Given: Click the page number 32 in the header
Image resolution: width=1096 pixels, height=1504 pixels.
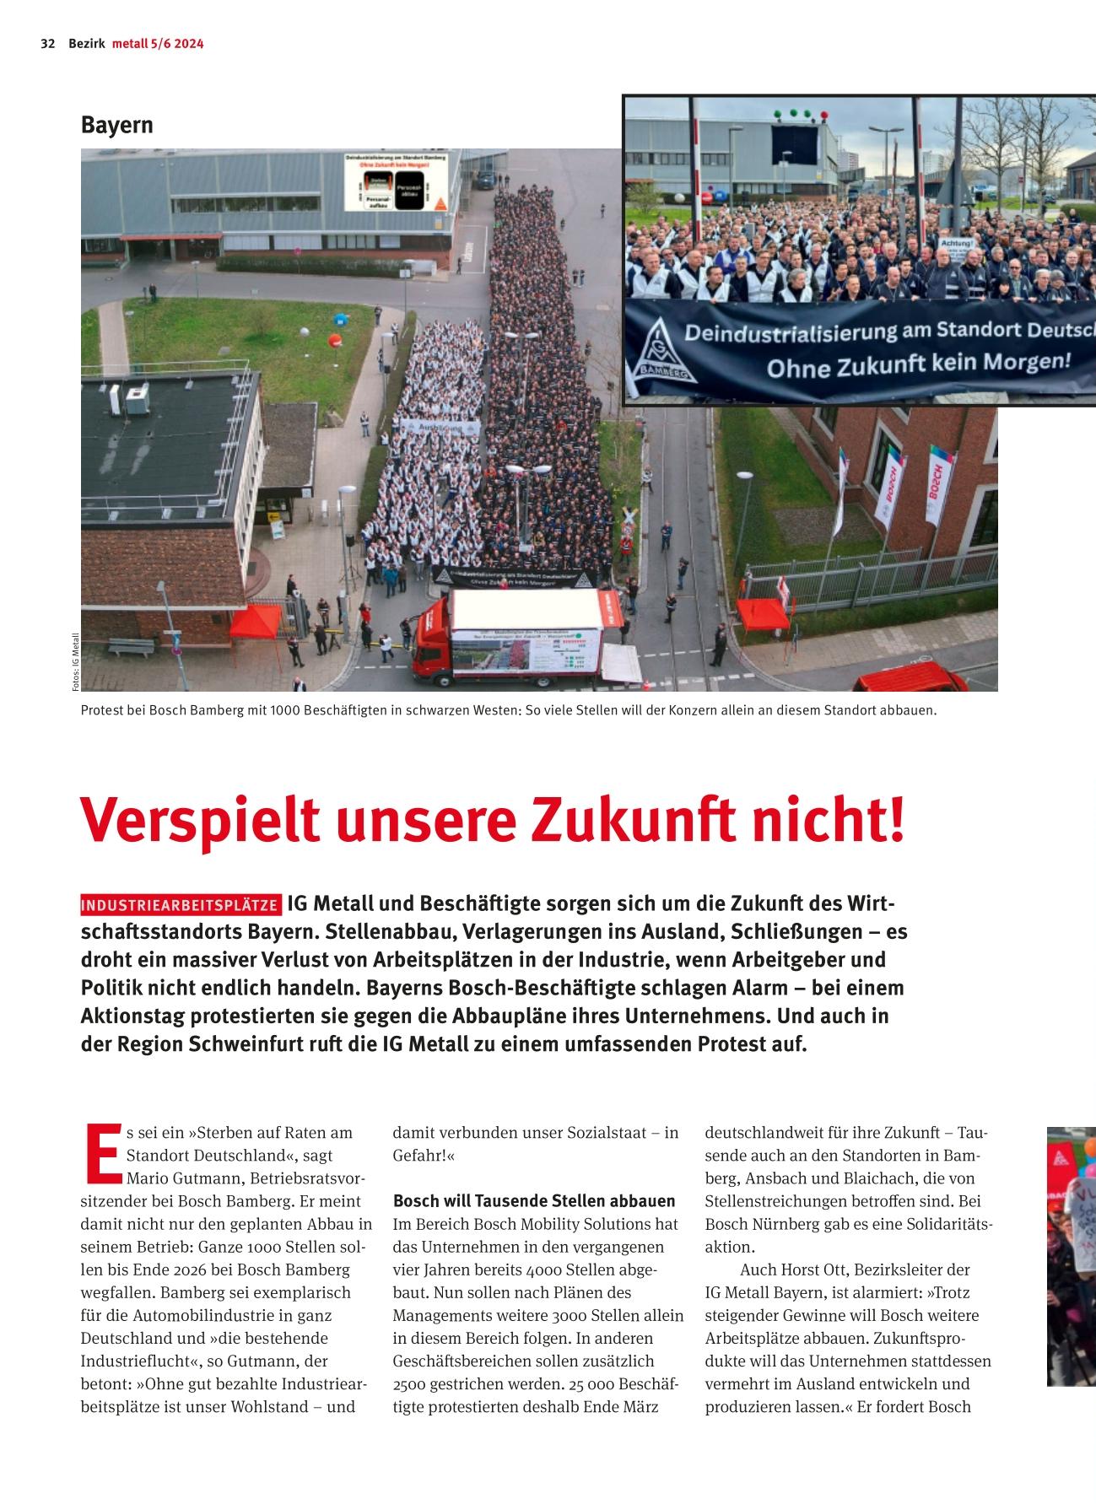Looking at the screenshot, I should click(47, 44).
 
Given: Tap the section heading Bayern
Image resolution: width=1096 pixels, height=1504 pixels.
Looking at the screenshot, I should click(117, 125).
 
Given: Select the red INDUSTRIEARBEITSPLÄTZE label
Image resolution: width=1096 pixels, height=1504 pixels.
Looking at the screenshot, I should click(181, 906).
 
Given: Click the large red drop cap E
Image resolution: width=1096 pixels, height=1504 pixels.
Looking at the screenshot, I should click(101, 1152).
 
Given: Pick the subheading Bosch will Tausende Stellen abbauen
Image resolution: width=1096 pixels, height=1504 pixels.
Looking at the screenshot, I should click(534, 1200).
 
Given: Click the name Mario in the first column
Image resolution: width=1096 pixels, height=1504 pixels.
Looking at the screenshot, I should click(147, 1178).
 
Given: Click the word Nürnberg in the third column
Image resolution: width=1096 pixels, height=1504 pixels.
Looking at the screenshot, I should click(776, 1224).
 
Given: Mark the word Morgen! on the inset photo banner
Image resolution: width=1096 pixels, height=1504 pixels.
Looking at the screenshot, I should click(1029, 362).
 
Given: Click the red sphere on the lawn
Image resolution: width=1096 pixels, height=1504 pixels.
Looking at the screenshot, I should click(336, 342).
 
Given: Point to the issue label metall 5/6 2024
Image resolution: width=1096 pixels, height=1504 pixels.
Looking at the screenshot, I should click(158, 44).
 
